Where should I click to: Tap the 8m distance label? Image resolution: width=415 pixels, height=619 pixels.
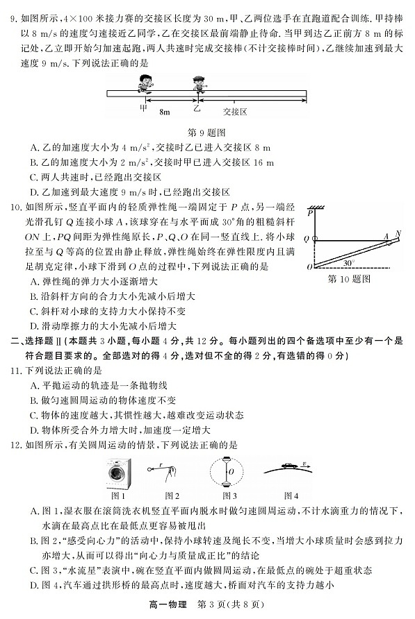pos(163,110)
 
